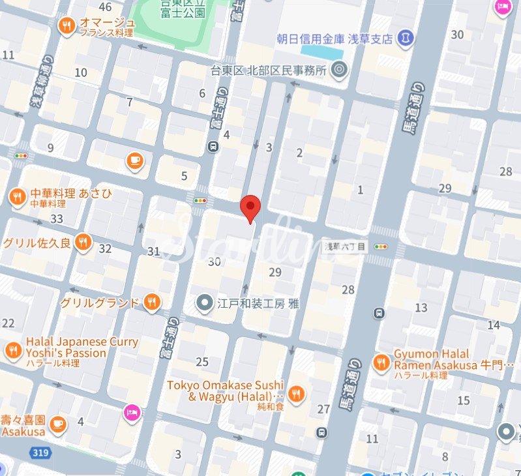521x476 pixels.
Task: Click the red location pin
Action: [x=250, y=207]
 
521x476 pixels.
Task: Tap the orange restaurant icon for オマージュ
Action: [x=66, y=26]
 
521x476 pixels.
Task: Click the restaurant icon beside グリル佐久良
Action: [x=82, y=242]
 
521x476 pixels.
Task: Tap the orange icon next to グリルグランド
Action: [x=152, y=301]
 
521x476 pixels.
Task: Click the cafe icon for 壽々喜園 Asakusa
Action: [x=57, y=423]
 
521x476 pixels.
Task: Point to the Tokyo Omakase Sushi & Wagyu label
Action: [x=225, y=390]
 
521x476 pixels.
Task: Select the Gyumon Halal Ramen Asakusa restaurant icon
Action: [x=381, y=363]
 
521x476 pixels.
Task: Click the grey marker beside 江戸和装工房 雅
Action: [x=205, y=303]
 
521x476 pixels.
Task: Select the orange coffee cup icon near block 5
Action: [x=134, y=160]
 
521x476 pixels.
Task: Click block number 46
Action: [x=105, y=7]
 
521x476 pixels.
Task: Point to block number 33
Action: [x=57, y=218]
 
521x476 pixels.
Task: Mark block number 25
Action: [x=202, y=362]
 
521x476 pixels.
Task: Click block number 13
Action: [x=421, y=308]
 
